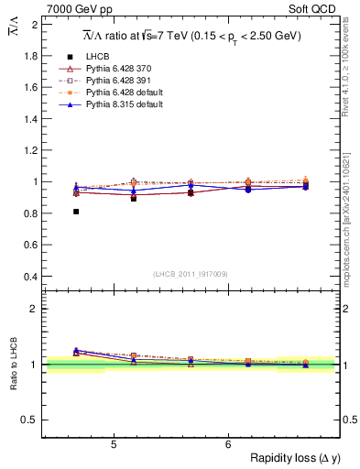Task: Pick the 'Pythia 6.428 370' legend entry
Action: [115, 70]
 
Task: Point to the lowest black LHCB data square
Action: [76, 212]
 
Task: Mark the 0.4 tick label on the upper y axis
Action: [29, 277]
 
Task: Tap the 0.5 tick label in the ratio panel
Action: [29, 420]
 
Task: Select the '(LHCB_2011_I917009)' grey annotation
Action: [191, 274]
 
